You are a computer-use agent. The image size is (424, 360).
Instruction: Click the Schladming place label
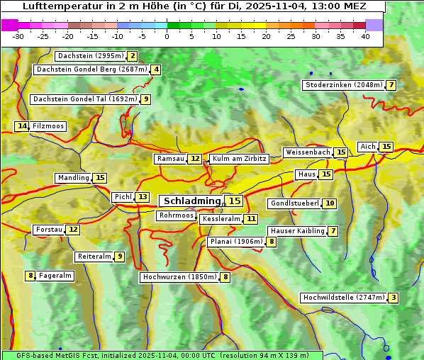pos(192,201)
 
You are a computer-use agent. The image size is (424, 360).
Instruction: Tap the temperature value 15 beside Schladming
pos(234,201)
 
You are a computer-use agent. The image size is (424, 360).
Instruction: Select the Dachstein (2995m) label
pos(90,56)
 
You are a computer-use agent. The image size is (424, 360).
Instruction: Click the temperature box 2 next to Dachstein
pos(133,56)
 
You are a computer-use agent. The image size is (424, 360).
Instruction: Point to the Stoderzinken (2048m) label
pos(343,85)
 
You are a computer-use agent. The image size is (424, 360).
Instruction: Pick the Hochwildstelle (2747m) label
pos(344,298)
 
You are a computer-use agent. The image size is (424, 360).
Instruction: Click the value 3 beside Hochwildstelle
pos(393,298)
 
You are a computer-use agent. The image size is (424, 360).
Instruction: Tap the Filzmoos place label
pos(48,126)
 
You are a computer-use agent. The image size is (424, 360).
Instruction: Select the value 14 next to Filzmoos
pos(22,126)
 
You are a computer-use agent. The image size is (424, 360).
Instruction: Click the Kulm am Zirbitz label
pos(239,159)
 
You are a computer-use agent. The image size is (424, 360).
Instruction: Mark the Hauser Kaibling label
pos(297,231)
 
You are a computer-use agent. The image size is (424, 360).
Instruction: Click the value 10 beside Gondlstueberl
pos(330,203)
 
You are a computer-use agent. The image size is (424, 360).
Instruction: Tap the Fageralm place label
pos(55,276)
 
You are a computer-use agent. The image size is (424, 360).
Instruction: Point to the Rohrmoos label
pos(176,215)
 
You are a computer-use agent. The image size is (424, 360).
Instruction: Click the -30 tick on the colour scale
pos(18,36)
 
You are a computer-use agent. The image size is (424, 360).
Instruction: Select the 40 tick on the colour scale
pos(365,36)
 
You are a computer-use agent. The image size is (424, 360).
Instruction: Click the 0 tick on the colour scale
pos(167,36)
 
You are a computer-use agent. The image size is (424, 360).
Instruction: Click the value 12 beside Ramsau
pos(195,159)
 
